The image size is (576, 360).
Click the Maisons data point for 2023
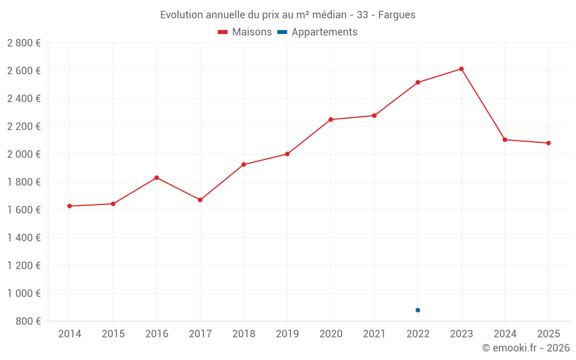coord(461,69)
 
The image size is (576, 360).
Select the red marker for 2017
coord(200,200)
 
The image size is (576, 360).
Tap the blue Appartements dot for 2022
coord(418,310)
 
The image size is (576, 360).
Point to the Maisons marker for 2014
coord(70,206)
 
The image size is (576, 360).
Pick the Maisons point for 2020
coord(331,120)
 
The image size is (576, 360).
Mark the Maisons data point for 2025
coord(548,143)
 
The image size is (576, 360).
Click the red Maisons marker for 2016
coord(157,177)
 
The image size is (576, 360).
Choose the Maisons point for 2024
coord(505,140)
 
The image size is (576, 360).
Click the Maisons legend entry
coord(245,32)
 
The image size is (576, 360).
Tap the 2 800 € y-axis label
coord(24,43)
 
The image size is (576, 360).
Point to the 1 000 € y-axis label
coord(24,293)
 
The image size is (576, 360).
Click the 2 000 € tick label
coord(24,154)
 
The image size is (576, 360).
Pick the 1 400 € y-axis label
coord(24,238)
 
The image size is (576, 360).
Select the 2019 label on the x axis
coord(287,334)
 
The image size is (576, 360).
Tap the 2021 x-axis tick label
coord(374,334)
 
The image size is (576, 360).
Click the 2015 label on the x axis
coord(113,334)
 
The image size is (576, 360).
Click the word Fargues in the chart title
coord(397,15)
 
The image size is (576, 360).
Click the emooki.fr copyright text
coord(526,348)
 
